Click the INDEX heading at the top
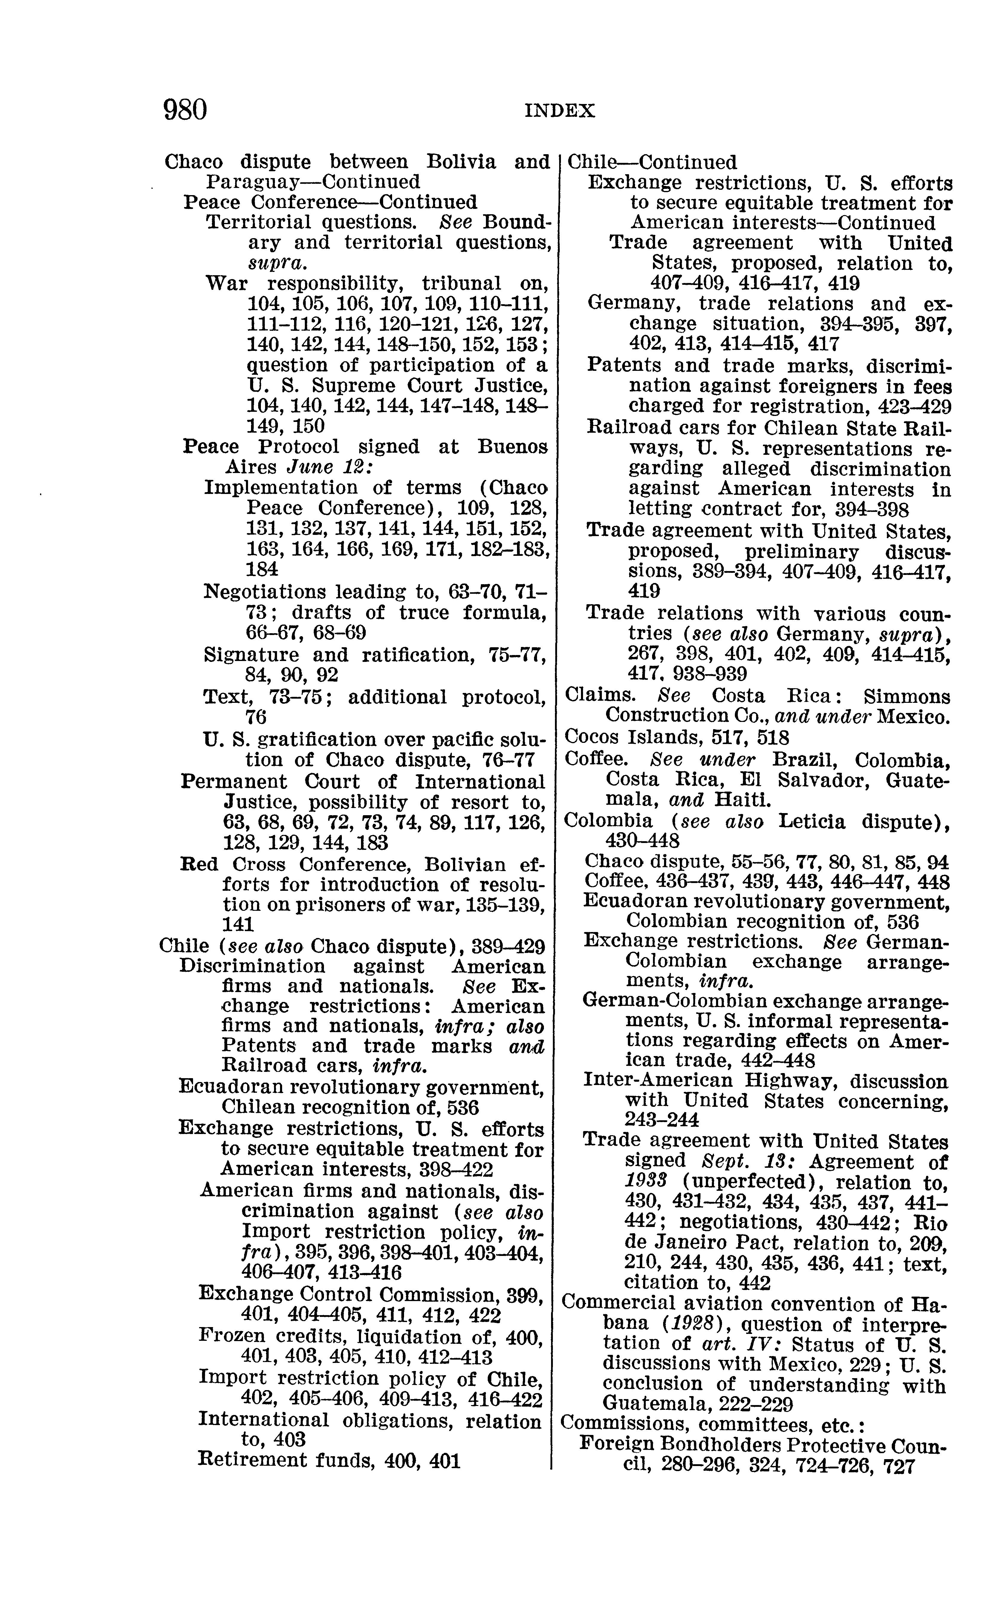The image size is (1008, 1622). (x=559, y=111)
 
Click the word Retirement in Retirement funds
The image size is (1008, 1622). (x=251, y=1459)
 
